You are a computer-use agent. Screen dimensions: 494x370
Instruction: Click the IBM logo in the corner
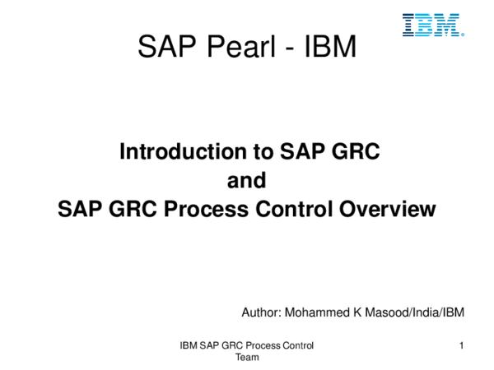coord(433,25)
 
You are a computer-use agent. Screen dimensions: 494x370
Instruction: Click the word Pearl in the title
coord(241,46)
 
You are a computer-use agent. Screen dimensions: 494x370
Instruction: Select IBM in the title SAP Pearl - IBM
coord(330,46)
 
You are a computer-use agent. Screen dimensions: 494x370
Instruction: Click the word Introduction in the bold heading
coord(183,151)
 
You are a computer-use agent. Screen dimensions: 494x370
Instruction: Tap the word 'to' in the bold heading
coord(263,152)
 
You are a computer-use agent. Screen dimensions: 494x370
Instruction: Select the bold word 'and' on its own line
coord(247,181)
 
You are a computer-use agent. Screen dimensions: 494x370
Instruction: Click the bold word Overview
coord(388,209)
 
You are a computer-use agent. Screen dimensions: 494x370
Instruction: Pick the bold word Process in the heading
coord(206,209)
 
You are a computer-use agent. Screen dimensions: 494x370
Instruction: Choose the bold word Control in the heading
coord(294,209)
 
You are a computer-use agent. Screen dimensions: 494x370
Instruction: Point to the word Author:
coord(261,312)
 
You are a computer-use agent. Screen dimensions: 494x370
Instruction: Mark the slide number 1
coord(462,345)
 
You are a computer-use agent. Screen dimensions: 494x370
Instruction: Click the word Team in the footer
coord(247,358)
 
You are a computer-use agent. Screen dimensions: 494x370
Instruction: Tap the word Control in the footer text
coord(298,345)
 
